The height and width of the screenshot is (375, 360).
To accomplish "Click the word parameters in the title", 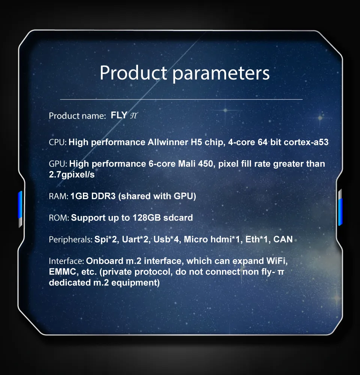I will coord(221,73).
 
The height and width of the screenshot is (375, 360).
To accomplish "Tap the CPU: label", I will coord(58,142).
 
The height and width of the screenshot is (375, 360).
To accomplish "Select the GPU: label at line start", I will coord(58,164).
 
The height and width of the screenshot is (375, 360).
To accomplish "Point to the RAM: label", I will coord(58,196).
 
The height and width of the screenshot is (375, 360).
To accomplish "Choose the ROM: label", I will coord(59,217).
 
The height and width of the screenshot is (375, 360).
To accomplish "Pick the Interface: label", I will coord(66,261).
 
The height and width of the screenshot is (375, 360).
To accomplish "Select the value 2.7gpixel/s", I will coord(72,175).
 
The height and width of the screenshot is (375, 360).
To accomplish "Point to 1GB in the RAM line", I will coord(80,196).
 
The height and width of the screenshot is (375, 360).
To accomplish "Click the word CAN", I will coord(283,239).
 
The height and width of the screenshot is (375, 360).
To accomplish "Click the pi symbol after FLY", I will coord(133,116).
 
